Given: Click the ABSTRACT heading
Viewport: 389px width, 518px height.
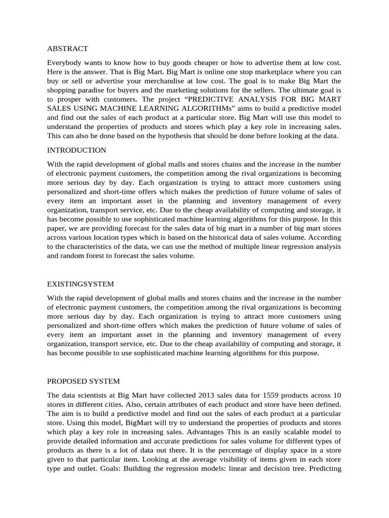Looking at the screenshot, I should pos(67,49).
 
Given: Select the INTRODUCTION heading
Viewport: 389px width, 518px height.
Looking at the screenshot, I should pos(76,150).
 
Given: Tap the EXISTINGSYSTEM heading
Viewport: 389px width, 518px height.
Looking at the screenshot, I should pos(80,284).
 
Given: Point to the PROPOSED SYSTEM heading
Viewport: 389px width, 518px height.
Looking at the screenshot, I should pos(84,381).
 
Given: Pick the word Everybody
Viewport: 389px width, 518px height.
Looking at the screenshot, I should pos(64,62).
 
